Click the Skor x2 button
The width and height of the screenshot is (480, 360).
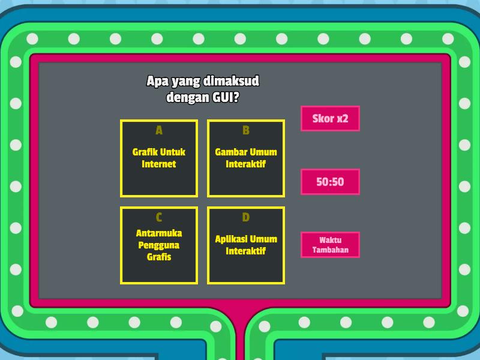pyautogui.click(x=330, y=118)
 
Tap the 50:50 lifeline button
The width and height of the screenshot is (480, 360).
pyautogui.click(x=330, y=182)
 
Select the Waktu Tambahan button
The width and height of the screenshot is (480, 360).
pyautogui.click(x=330, y=245)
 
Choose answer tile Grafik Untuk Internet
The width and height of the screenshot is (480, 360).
pyautogui.click(x=159, y=158)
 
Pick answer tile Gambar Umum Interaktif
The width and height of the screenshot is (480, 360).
pyautogui.click(x=246, y=158)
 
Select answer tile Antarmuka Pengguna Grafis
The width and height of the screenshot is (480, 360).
pyautogui.click(x=159, y=245)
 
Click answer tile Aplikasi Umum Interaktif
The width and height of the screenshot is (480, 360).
pyautogui.click(x=246, y=245)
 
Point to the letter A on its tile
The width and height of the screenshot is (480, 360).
pyautogui.click(x=159, y=130)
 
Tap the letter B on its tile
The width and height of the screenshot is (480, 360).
pyautogui.click(x=246, y=130)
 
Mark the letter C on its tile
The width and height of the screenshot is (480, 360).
pyautogui.click(x=159, y=217)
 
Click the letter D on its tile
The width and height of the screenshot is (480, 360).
pyautogui.click(x=246, y=217)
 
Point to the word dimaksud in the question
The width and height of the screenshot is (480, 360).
pyautogui.click(x=231, y=81)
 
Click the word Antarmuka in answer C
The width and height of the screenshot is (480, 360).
pyautogui.click(x=159, y=233)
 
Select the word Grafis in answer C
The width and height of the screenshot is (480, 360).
pyautogui.click(x=159, y=257)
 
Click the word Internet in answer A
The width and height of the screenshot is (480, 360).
pyautogui.click(x=159, y=164)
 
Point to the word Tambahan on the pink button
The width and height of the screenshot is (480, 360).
pyautogui.click(x=331, y=250)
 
